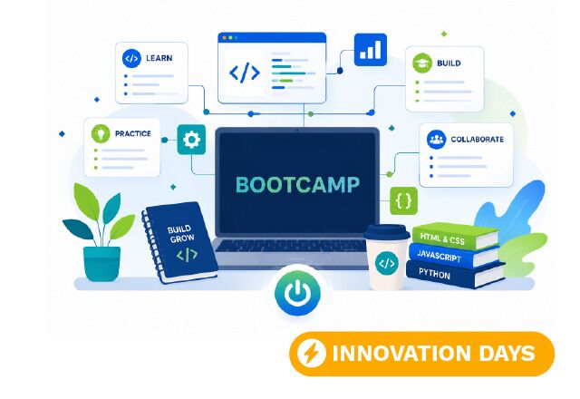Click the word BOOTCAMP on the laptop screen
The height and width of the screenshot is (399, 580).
pyautogui.click(x=297, y=185)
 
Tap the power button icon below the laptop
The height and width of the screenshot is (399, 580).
pyautogui.click(x=297, y=294)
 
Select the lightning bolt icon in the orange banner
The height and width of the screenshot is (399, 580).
pyautogui.click(x=312, y=354)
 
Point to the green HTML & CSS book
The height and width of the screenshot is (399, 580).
pyautogui.click(x=455, y=236)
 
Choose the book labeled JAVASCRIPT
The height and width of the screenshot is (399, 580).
pyautogui.click(x=455, y=256)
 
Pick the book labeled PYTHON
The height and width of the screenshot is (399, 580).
pyautogui.click(x=456, y=274)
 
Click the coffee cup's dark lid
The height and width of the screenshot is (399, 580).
pyautogui.click(x=387, y=232)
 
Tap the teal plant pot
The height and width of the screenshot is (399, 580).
pyautogui.click(x=101, y=264)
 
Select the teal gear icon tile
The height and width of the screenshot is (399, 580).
pyautogui.click(x=191, y=140)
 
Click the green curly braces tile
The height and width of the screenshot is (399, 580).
pyautogui.click(x=404, y=201)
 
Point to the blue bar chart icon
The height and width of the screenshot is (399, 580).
pyautogui.click(x=371, y=50)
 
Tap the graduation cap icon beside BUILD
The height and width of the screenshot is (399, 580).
pyautogui.click(x=422, y=63)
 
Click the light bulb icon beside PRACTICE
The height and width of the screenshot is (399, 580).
pyautogui.click(x=101, y=133)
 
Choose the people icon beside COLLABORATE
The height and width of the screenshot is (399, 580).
pyautogui.click(x=436, y=139)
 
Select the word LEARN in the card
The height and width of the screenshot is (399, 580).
pyautogui.click(x=159, y=58)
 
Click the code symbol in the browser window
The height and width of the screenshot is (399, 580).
pyautogui.click(x=245, y=73)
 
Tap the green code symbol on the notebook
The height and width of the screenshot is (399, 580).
pyautogui.click(x=188, y=255)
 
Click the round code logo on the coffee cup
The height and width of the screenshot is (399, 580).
pyautogui.click(x=387, y=264)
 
